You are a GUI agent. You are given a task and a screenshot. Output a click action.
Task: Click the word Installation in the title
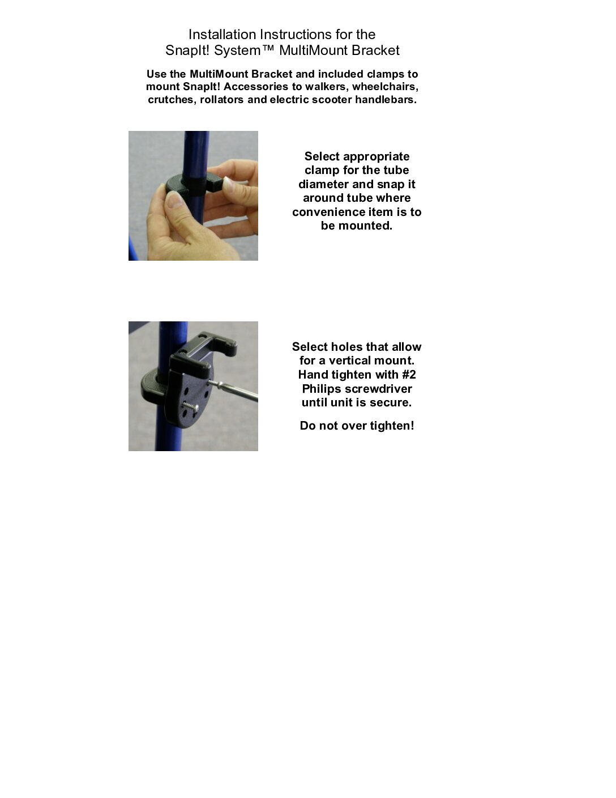pyautogui.click(x=222, y=35)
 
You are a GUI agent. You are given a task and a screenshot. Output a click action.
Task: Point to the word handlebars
pyautogui.click(x=386, y=100)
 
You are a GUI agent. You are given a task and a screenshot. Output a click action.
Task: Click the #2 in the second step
pyautogui.click(x=409, y=375)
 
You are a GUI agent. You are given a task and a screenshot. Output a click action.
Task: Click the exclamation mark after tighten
pyautogui.click(x=412, y=426)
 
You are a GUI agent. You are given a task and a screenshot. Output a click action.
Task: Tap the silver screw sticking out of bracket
pyautogui.click(x=191, y=406)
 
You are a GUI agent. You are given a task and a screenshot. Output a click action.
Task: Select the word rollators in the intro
pyautogui.click(x=221, y=100)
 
